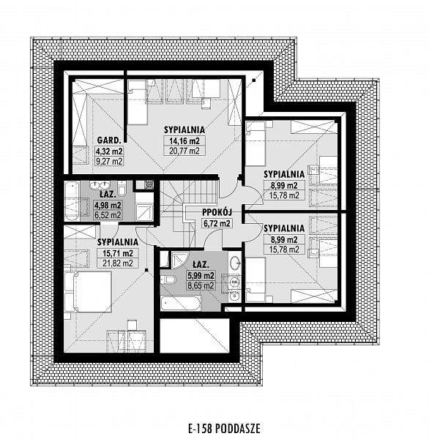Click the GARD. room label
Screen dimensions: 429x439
point(109,140)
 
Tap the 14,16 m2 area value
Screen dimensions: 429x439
point(184,140)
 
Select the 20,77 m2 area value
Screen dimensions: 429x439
point(184,151)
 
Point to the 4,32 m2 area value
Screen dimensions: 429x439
point(109,151)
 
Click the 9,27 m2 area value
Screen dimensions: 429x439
point(109,162)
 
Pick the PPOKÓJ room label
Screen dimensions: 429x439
point(217,212)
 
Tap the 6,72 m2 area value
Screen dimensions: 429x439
point(217,223)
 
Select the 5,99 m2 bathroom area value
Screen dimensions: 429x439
point(201,276)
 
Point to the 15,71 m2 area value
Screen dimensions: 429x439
point(118,253)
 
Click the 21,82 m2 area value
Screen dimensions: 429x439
point(118,263)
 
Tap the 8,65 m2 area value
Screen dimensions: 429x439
point(201,285)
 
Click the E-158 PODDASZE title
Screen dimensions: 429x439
point(224,428)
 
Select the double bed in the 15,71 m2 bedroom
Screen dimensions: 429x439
point(88,291)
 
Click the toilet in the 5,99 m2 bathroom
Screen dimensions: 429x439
point(168,279)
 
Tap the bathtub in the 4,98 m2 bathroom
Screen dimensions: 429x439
point(72,201)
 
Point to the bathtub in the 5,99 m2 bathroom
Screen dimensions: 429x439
point(181,303)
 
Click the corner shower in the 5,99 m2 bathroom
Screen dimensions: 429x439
point(179,259)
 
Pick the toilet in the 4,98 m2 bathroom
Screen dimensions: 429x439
point(122,188)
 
